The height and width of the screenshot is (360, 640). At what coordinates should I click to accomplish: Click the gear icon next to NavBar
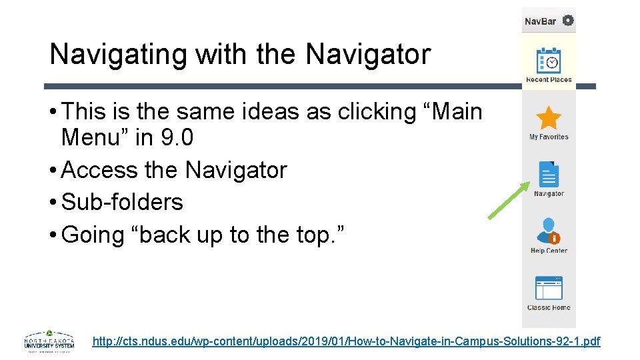tap(568, 21)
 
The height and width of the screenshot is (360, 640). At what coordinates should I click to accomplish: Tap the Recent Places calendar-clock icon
tap(549, 61)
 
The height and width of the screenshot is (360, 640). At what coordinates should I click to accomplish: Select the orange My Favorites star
tap(549, 118)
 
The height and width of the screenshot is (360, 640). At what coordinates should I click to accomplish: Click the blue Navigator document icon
tap(549, 175)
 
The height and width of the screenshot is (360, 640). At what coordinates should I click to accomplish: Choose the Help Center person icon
tap(548, 231)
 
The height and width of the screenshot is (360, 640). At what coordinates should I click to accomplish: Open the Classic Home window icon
tap(549, 289)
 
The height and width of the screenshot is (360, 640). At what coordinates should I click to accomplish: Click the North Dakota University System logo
tap(49, 341)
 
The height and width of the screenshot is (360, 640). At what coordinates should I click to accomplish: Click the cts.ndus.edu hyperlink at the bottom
tap(346, 341)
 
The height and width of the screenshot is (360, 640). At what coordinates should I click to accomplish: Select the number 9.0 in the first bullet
tap(177, 138)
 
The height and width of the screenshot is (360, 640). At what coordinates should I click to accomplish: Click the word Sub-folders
tap(122, 202)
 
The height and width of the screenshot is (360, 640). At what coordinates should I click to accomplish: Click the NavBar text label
tap(540, 21)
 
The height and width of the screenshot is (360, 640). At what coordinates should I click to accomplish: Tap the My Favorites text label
tap(549, 137)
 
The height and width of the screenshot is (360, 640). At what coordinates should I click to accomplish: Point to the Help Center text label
tap(549, 251)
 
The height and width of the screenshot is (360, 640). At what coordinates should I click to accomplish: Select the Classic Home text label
tap(549, 307)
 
